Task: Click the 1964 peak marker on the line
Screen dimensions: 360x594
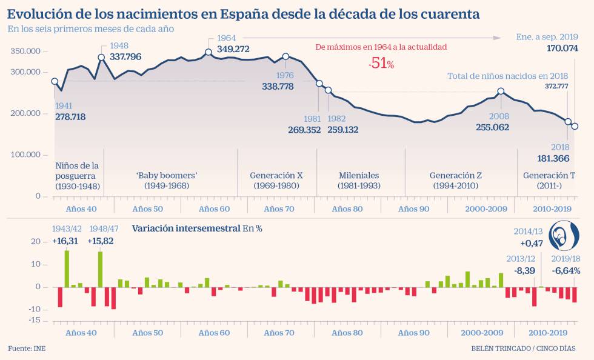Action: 209,52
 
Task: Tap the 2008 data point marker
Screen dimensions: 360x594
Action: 501,92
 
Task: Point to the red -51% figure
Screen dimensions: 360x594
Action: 381,64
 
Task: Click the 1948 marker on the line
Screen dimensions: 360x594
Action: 101,58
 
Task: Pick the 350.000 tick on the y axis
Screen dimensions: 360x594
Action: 25,52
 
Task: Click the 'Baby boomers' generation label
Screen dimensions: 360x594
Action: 167,176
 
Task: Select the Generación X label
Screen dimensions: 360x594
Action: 276,176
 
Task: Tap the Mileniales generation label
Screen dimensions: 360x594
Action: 358,176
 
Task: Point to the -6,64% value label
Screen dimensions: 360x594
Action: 566,270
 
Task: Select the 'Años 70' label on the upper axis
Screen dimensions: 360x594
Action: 279,209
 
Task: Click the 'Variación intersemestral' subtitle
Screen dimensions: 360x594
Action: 186,228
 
